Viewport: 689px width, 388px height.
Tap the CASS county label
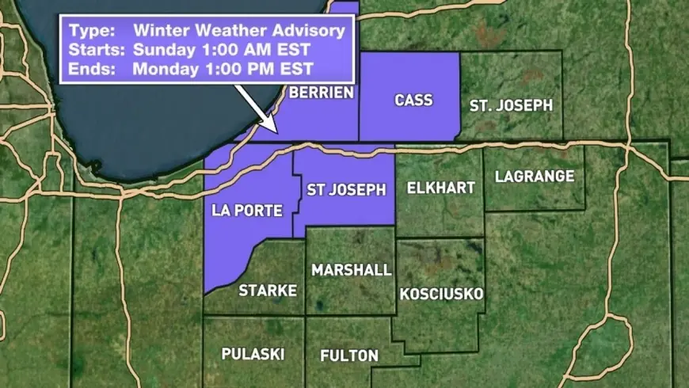pos(413,100)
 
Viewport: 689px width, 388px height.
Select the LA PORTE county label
pos(243,211)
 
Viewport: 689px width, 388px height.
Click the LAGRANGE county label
pos(534,177)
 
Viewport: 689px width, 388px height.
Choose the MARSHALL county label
pos(351,270)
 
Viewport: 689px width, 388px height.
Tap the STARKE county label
pos(268,291)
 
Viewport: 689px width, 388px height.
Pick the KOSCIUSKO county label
pos(442,295)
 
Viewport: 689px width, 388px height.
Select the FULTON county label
pos(349,356)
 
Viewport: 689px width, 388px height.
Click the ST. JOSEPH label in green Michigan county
pos(511,105)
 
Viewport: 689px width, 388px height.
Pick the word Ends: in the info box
pos(89,68)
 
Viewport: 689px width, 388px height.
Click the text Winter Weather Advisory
pos(239,32)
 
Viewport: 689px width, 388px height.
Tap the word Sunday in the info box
pos(161,50)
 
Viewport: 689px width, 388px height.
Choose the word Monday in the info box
pos(162,68)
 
